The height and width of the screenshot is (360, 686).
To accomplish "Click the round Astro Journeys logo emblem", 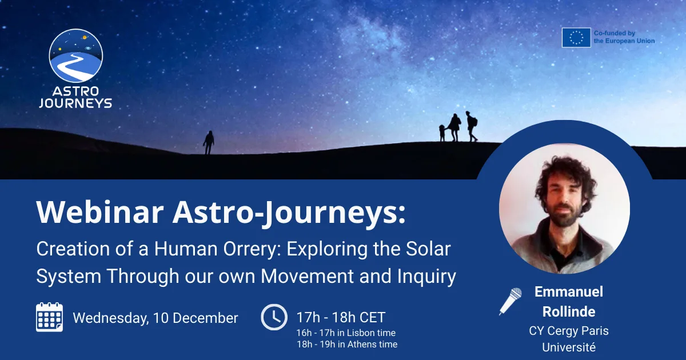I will tap(76, 55).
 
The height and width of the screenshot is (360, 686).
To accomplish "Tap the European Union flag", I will tap(576, 38).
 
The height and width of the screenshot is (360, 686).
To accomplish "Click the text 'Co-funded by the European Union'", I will tap(624, 38).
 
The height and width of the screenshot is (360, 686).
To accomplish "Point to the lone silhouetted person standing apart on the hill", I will tap(209, 142).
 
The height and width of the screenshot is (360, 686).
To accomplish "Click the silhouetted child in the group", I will tap(442, 133).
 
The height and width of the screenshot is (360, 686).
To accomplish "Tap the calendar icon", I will tap(50, 317).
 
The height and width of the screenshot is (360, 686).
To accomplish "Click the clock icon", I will tap(274, 317).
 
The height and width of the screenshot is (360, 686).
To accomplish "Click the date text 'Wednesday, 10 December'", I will tap(155, 318).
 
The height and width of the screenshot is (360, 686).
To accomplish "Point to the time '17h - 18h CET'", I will tap(341, 317).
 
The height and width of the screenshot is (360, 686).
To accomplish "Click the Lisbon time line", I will tap(345, 333).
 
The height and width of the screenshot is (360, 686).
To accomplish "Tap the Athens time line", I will tap(346, 344).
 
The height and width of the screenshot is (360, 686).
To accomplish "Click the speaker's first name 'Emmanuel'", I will tap(569, 292).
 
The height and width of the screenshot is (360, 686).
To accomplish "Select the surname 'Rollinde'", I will tap(569, 311).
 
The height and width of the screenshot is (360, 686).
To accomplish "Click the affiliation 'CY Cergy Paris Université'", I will tap(568, 338).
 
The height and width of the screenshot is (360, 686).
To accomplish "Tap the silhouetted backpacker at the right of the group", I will tap(471, 126).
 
